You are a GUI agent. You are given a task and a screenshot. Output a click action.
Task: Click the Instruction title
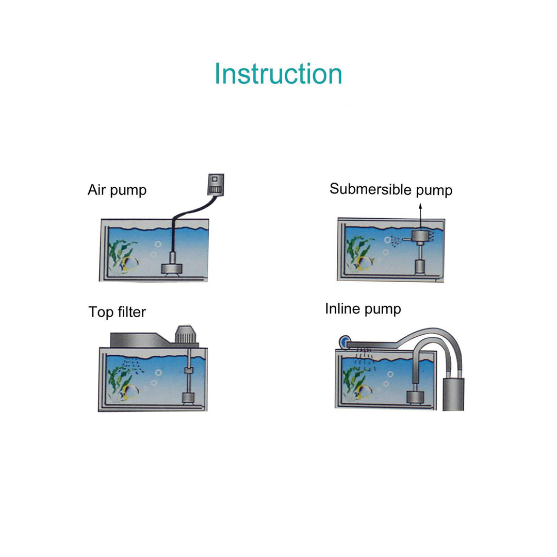click(278, 74)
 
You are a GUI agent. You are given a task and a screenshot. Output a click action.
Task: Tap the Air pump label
click(117, 190)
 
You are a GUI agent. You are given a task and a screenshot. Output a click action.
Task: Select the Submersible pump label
click(391, 189)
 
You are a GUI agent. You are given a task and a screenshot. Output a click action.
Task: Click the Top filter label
click(117, 312)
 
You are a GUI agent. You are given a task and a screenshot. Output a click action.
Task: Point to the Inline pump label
click(363, 309)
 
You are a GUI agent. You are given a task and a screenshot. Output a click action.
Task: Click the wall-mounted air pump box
click(215, 184)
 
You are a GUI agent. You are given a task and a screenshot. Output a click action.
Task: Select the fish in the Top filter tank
click(129, 392)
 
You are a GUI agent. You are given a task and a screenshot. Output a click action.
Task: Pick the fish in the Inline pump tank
click(363, 391)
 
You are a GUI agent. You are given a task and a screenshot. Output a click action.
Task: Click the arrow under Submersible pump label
click(420, 214)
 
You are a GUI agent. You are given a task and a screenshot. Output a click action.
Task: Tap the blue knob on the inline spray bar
click(342, 341)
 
